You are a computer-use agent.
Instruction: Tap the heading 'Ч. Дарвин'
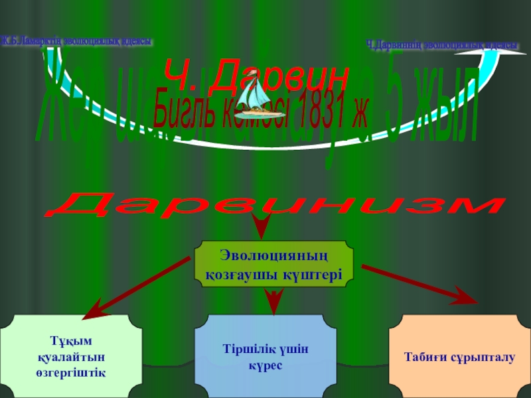coord(256,74)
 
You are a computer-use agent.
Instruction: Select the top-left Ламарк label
coord(76,41)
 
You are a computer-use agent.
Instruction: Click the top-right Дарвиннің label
coord(443,44)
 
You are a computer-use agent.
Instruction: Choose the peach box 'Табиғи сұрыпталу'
coord(459,357)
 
